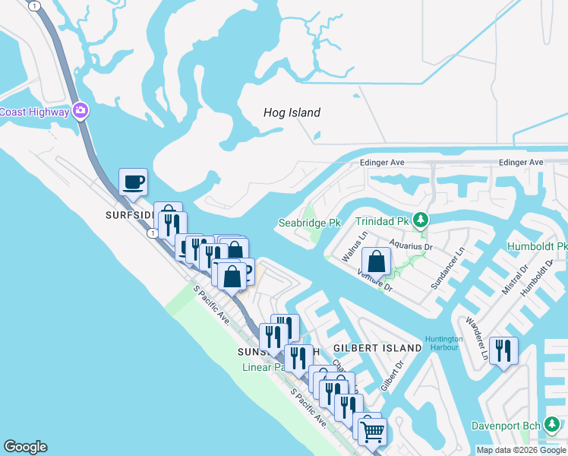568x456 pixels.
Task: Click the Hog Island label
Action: coord(292,112)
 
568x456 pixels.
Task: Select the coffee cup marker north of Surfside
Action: coord(133,183)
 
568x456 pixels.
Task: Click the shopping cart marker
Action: coord(371,431)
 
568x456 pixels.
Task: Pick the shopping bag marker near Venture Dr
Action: coord(377,264)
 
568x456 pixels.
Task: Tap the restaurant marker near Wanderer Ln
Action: coord(503,351)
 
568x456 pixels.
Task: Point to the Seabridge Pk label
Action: coord(308,223)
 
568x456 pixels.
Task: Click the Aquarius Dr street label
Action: coord(411,246)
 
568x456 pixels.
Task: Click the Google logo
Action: coord(25,447)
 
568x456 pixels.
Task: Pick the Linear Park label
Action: coord(263,367)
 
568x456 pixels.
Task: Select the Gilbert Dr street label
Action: coord(391,373)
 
